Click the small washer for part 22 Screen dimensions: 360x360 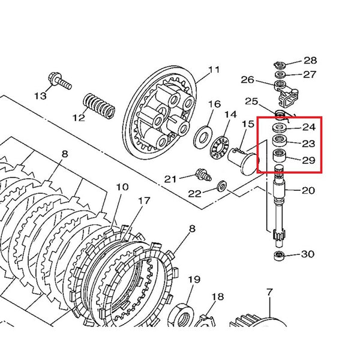(221, 188)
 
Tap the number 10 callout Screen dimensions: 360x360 (122, 187)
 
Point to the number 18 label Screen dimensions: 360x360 (217, 296)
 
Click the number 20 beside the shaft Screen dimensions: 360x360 (308, 191)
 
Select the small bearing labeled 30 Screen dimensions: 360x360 (278, 256)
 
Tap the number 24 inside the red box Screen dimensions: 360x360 (308, 127)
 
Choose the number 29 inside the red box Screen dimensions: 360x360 (308, 160)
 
